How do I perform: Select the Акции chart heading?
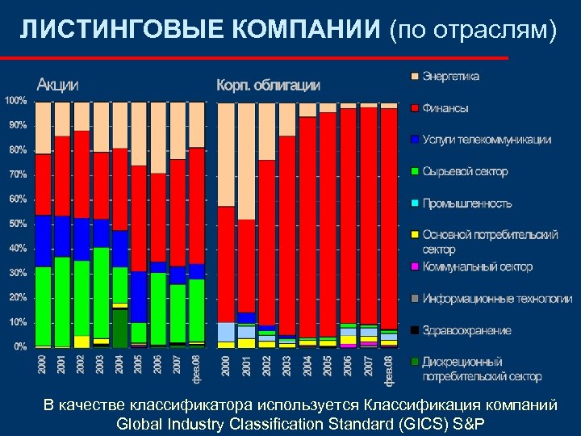pyautogui.click(x=58, y=84)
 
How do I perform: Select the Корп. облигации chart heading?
pyautogui.click(x=268, y=85)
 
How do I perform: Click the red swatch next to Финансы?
pyautogui.click(x=415, y=108)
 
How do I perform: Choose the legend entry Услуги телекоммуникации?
pyautogui.click(x=487, y=140)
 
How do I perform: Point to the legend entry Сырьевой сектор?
pyautogui.click(x=465, y=171)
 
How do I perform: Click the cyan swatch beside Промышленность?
pyautogui.click(x=415, y=203)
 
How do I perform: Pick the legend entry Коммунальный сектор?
pyautogui.click(x=477, y=266)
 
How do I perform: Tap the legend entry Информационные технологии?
pyautogui.click(x=497, y=299)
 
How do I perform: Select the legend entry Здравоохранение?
pyautogui.click(x=466, y=330)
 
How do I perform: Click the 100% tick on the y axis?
pyautogui.click(x=16, y=101)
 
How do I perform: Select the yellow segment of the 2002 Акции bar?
pyautogui.click(x=82, y=342)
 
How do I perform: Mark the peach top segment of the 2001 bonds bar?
pyautogui.click(x=245, y=161)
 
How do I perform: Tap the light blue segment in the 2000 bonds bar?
pyautogui.click(x=226, y=332)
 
